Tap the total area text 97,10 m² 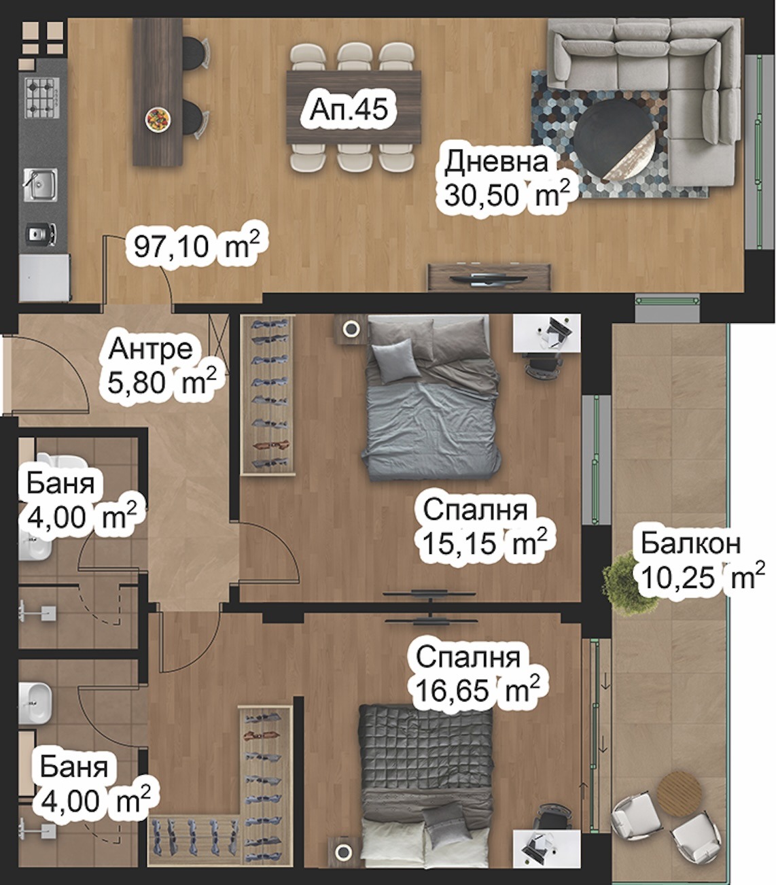(x=196, y=246)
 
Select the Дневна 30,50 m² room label (x=506, y=178)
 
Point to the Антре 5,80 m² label (x=162, y=366)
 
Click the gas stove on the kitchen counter (x=42, y=98)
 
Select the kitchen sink (x=40, y=185)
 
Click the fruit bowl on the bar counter (x=158, y=119)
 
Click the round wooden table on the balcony (x=680, y=794)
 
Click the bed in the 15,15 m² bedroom (x=431, y=398)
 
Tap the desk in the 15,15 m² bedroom (x=546, y=332)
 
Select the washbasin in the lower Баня (x=35, y=703)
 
